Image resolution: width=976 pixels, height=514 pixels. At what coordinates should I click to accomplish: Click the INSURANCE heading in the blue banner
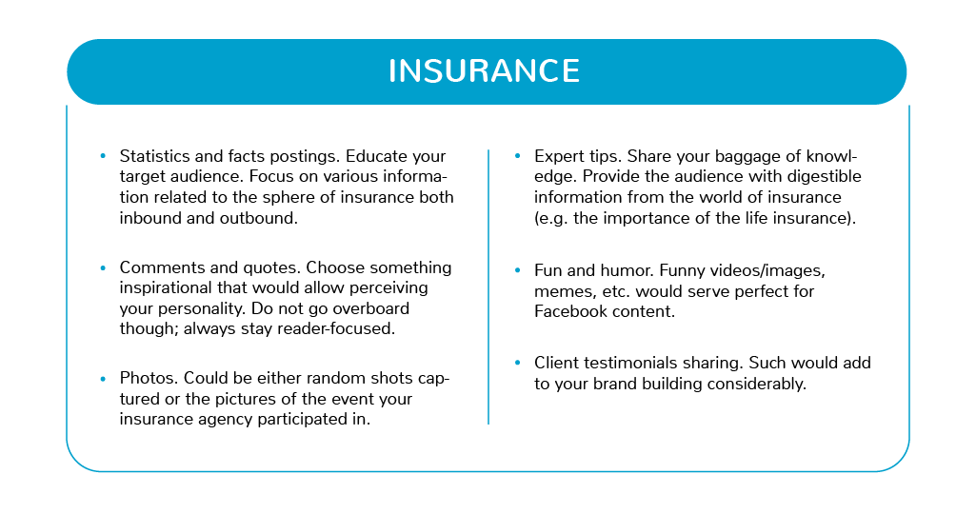485,71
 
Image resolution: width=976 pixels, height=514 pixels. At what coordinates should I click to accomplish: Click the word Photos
149,378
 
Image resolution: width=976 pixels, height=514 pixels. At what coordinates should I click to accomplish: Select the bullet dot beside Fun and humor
517,270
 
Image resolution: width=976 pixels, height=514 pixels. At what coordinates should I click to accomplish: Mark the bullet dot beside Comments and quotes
103,267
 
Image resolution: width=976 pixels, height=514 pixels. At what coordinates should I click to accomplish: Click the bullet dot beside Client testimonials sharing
517,363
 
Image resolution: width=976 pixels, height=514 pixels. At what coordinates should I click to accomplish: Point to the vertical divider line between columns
488,287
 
